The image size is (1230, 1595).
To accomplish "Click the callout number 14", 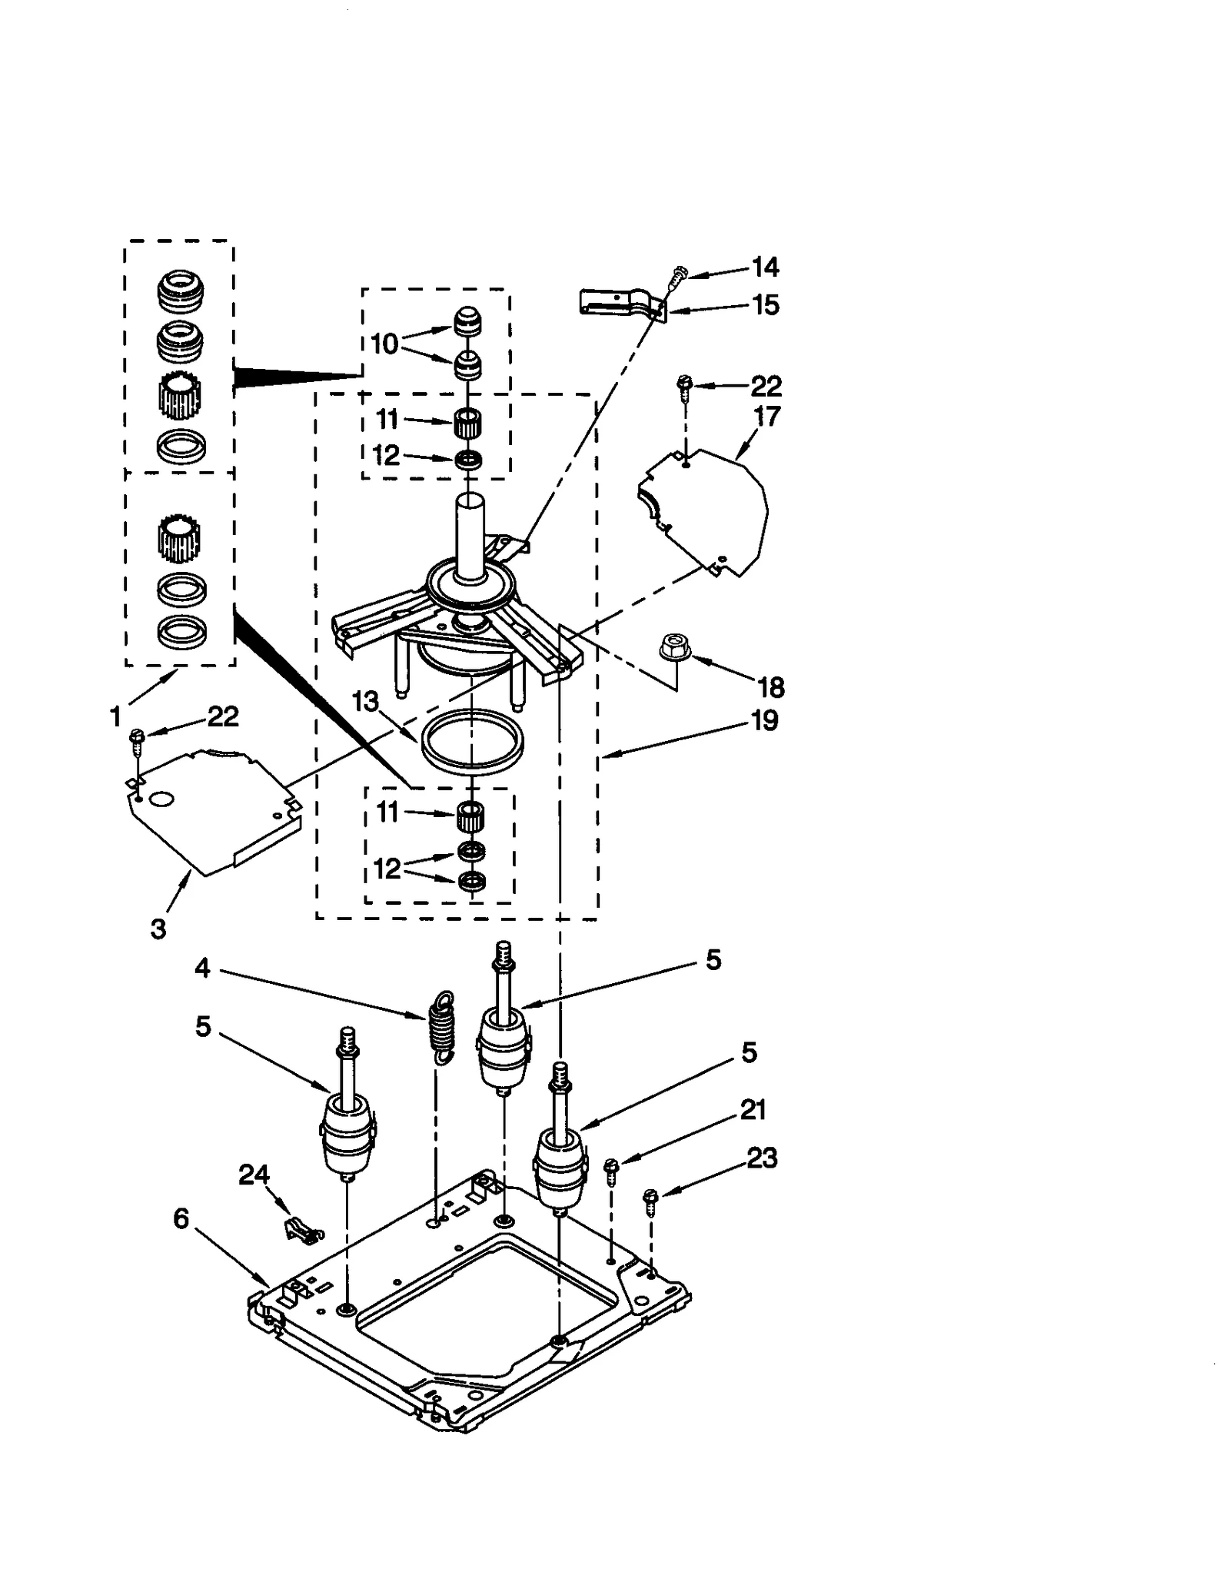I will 765,267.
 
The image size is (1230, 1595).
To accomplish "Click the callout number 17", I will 766,416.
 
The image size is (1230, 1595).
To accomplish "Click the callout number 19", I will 764,720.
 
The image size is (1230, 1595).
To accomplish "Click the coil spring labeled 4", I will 441,1026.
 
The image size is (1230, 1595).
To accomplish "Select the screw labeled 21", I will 612,1171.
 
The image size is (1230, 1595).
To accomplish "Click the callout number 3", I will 158,929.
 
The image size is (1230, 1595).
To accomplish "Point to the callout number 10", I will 384,344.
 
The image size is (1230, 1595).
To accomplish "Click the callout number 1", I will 116,717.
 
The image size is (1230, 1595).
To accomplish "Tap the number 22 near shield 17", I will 765,385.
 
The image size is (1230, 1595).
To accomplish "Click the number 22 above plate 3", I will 223,716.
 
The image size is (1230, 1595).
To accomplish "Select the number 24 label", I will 254,1174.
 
